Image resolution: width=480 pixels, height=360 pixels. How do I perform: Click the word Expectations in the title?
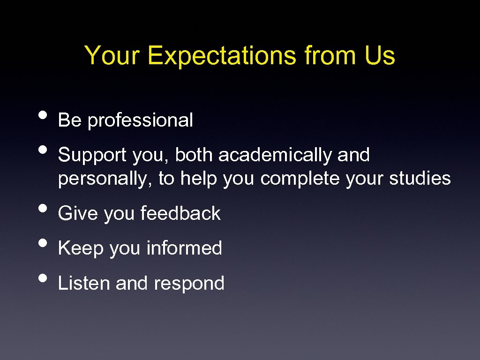(x=223, y=56)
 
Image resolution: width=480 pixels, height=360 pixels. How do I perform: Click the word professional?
(x=140, y=121)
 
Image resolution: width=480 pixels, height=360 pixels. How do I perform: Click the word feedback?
(x=180, y=214)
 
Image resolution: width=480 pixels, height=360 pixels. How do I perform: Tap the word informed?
(x=184, y=248)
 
